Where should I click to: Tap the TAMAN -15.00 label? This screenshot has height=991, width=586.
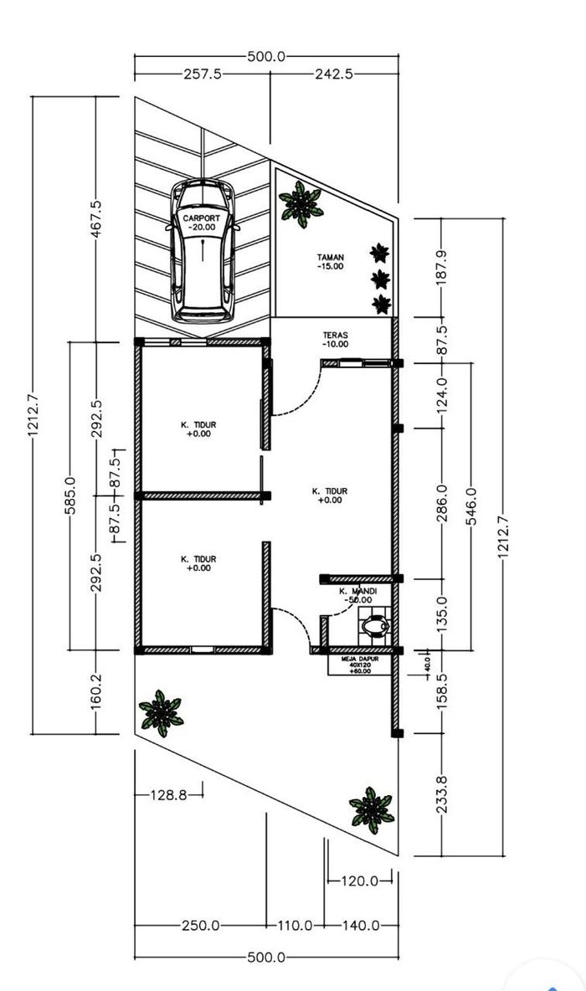click(x=331, y=262)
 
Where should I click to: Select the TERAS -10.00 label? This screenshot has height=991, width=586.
click(x=335, y=339)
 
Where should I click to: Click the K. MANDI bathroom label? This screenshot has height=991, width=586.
click(x=357, y=595)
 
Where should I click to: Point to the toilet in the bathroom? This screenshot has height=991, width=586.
click(x=375, y=626)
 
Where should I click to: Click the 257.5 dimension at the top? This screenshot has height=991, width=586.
click(x=203, y=74)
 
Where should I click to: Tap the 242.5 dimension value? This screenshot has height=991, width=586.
click(x=334, y=74)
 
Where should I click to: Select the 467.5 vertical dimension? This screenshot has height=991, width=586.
click(x=95, y=219)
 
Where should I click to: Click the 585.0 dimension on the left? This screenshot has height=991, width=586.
click(x=69, y=495)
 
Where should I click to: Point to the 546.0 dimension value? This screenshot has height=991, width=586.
click(x=471, y=506)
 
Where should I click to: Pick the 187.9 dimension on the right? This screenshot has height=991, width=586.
click(x=442, y=267)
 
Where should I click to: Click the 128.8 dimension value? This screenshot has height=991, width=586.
click(x=169, y=794)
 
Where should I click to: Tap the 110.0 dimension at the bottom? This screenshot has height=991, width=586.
click(x=296, y=925)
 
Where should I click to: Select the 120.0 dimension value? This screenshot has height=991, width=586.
click(x=360, y=881)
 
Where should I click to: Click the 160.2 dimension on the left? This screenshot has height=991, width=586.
click(x=95, y=691)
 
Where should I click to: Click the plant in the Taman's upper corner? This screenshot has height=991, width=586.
click(x=301, y=204)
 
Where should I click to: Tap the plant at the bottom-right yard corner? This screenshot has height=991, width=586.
click(x=372, y=810)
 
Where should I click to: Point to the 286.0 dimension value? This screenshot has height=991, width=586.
click(x=442, y=503)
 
